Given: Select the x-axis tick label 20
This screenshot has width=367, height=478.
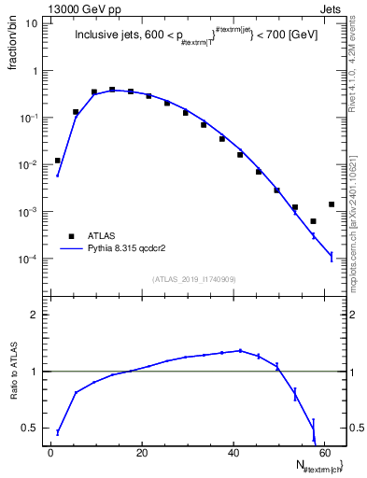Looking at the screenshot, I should (142, 453).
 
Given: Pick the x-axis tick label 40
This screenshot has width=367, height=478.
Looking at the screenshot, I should (233, 453).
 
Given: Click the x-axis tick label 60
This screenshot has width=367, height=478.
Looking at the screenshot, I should (324, 453).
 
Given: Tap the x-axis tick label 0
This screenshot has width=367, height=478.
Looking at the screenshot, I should (51, 453).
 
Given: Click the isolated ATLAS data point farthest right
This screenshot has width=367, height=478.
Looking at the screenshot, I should (332, 204).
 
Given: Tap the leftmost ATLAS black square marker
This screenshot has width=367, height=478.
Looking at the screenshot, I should (58, 161).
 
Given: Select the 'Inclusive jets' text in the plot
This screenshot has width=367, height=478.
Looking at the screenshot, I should (106, 36).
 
